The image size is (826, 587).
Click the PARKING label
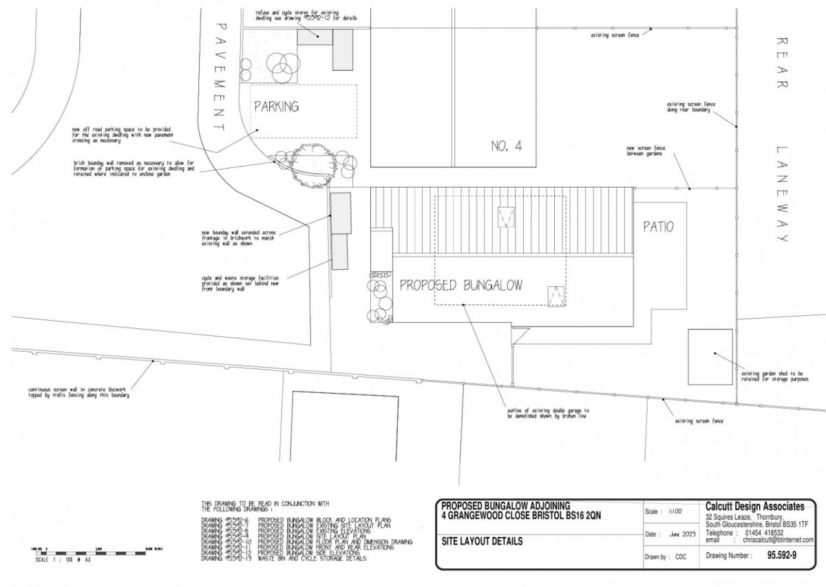tap(277, 107)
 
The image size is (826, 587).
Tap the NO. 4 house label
tap(507, 146)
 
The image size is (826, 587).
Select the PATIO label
tap(658, 226)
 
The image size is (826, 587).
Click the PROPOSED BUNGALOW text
tap(461, 285)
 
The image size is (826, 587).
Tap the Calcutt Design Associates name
tap(754, 506)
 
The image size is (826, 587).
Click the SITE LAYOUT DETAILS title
tap(482, 542)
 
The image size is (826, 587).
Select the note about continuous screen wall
tap(78, 392)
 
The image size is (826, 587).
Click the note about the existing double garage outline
tap(548, 413)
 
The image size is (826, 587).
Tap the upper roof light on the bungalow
tap(507, 217)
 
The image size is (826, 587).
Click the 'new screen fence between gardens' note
tap(645, 151)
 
